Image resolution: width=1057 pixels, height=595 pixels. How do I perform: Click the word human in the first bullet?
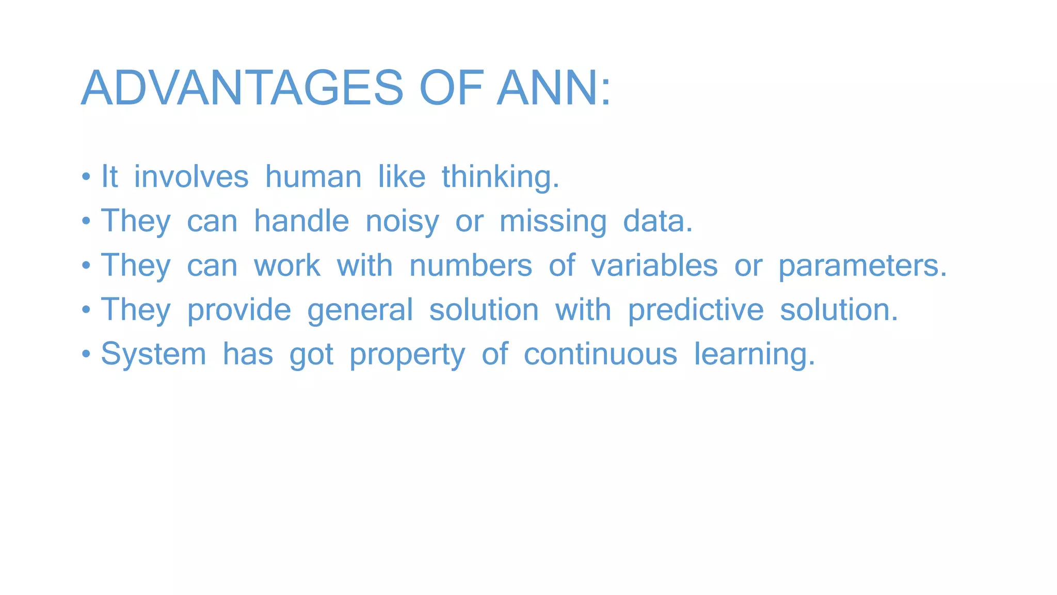pos(313,177)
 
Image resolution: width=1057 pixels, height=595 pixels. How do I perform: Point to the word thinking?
pos(500,178)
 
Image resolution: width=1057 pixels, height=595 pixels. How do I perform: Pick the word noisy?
pos(402,222)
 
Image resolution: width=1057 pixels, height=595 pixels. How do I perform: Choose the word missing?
pos(553,222)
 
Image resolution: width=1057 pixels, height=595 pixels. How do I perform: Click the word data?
pos(658,221)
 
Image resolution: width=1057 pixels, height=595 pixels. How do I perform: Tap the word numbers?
pos(471,265)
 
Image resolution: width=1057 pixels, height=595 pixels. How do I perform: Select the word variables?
pos(654,265)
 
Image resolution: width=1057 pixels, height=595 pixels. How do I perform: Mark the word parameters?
pos(862,267)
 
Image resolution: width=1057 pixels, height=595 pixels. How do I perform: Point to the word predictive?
pos(696,310)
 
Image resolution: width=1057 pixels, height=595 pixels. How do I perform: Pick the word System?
pos(153,355)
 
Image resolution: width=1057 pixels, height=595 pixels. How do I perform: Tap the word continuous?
pos(600,354)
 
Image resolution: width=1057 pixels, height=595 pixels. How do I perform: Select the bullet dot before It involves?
pos(86,178)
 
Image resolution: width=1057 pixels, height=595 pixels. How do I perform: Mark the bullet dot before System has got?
pos(86,355)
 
